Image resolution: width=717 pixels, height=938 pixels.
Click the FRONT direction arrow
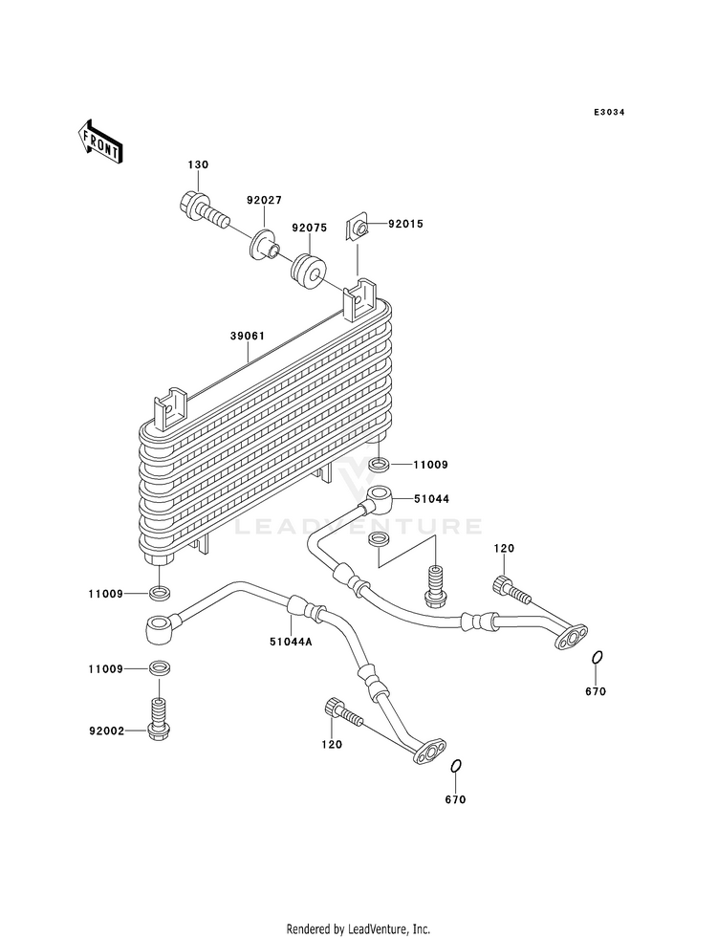point(99,142)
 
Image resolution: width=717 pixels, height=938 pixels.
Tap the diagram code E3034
point(609,113)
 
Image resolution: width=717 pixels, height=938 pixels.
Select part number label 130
point(199,164)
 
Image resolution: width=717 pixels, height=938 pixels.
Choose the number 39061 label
point(248,337)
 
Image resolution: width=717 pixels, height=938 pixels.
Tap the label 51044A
point(292,643)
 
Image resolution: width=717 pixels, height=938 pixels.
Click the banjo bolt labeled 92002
point(159,718)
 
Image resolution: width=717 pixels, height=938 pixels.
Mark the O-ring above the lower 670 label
point(456,766)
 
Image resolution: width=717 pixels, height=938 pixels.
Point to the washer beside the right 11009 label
point(379,464)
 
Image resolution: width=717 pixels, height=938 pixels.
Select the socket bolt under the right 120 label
point(511,589)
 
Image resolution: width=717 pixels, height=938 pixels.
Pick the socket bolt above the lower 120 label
point(342,712)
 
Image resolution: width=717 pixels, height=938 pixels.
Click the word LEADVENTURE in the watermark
point(358,527)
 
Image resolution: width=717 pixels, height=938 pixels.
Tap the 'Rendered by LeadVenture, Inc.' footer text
point(358,929)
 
